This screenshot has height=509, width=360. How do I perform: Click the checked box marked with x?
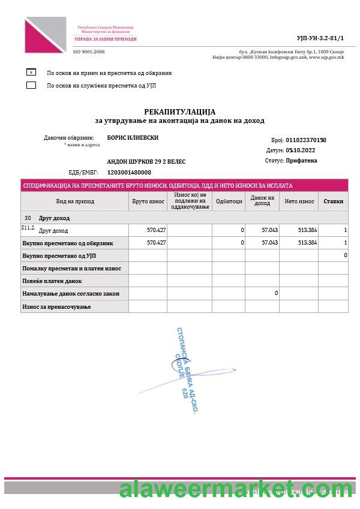coord(31,72)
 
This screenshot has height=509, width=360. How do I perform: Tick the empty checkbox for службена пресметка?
coord(31,85)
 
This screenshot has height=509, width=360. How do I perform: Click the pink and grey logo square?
coord(46,35)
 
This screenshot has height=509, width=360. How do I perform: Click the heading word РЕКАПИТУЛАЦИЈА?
coord(179,112)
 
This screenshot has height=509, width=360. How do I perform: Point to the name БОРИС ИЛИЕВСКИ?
coord(133,137)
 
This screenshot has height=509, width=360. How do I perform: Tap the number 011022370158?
coord(306,140)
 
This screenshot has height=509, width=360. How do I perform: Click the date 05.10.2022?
coord(301,150)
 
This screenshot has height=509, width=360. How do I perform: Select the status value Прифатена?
coord(302,161)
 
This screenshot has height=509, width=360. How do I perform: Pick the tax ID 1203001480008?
coord(129,172)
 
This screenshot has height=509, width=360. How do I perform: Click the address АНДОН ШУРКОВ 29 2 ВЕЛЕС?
coord(146,161)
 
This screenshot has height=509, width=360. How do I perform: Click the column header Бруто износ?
coord(148,201)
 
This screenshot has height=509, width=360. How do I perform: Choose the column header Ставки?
coord(333,201)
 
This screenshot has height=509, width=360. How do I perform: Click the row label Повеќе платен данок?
coord(52,281)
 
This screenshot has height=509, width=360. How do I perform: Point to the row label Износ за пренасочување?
coord(56,306)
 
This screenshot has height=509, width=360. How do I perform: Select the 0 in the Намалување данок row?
coord(276,293)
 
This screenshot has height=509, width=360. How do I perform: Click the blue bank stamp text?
coord(187,370)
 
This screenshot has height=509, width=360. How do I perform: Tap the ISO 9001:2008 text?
coord(89,52)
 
